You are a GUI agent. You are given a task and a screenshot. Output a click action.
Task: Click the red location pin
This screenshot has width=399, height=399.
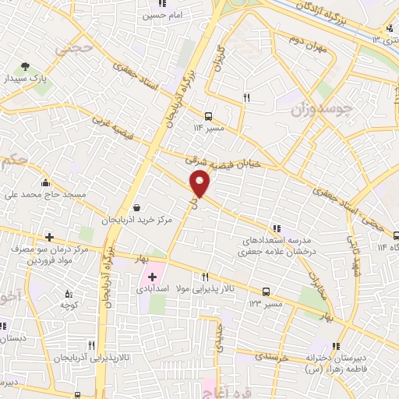200,184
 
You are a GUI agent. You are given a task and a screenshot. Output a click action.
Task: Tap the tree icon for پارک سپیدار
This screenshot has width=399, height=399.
27,67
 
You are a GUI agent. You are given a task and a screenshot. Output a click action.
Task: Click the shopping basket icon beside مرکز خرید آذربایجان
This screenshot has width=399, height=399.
137,209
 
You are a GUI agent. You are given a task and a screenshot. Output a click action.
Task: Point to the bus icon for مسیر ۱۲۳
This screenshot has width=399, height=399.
267,292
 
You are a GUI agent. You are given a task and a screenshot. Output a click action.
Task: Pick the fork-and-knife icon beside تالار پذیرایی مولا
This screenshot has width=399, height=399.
206,277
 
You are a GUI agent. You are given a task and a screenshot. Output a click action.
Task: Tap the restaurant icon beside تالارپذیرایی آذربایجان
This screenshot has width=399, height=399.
91,344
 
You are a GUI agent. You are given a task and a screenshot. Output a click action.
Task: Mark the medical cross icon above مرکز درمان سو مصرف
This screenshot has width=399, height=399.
49,236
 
